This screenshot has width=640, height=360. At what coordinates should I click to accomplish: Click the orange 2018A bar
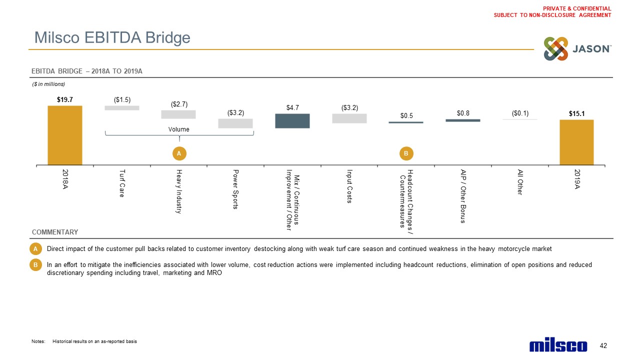pos(65,134)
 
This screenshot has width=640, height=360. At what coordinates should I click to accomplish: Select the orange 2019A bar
pos(576,142)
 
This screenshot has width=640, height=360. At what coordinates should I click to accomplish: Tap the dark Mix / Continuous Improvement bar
pos(292,121)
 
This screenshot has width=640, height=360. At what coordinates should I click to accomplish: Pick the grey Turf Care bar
pos(122,107)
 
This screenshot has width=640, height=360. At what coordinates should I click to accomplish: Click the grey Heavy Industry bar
pos(178,114)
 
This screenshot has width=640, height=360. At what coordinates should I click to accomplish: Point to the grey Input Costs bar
pos(349,118)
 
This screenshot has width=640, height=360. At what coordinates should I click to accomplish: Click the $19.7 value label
pos(65,99)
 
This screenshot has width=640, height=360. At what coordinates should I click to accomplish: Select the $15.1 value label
pos(576,113)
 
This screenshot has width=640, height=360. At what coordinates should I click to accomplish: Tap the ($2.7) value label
pos(179,104)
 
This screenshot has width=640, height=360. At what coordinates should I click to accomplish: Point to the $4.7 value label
pos(293,107)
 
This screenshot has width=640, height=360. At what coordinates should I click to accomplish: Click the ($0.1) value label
pos(520,113)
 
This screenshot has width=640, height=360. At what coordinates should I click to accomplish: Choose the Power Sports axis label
pos(235,189)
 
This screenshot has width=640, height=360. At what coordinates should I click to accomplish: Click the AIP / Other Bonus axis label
pos(463,196)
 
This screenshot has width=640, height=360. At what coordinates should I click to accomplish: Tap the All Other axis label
pos(520,182)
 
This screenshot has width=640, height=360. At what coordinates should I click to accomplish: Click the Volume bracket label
pos(179,129)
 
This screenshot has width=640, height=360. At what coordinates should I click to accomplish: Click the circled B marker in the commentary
pos(35,265)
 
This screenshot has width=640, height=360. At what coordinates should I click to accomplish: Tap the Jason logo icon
pos(556,49)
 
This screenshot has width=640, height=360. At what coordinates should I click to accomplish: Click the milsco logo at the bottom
pos(558,345)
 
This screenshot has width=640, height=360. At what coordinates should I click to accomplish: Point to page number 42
pos(603,346)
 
